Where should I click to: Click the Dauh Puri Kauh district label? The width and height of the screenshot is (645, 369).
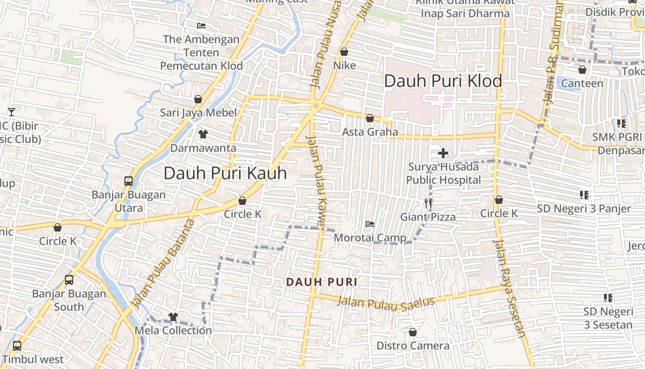(225, 173)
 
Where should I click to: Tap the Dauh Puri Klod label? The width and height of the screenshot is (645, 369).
(443, 81)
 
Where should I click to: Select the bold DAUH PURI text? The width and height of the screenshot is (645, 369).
(322, 282)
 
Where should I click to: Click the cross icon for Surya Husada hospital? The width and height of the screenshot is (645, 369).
(443, 153)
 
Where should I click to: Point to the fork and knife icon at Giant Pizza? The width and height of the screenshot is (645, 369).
(428, 203)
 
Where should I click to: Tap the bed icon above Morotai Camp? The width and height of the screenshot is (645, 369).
(369, 224)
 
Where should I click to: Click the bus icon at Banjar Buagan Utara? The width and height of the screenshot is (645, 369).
(129, 181)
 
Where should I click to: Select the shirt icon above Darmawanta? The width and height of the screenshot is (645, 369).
(203, 134)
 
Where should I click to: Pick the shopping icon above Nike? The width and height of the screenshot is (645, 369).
(344, 52)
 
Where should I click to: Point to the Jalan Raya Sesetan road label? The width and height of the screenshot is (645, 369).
(510, 288)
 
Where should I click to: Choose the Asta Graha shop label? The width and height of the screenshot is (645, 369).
(370, 132)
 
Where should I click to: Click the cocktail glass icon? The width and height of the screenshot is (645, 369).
(12, 112)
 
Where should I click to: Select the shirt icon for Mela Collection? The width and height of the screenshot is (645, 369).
(173, 316)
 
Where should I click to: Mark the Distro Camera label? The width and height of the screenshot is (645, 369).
(413, 345)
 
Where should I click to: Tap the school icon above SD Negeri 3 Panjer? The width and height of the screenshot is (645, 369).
(584, 195)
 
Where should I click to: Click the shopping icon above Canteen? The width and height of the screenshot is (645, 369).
(582, 70)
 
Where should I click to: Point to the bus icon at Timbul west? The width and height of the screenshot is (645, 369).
(17, 345)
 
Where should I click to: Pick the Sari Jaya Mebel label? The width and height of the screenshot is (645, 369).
(198, 113)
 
